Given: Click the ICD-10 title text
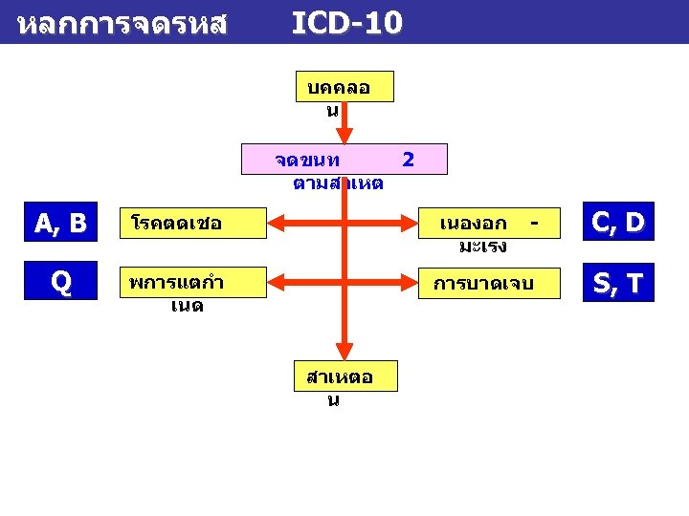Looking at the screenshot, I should click(346, 22).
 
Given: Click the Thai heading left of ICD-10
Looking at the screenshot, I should click(122, 24).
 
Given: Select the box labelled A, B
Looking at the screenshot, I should click(60, 224).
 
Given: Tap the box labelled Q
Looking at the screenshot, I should click(60, 283).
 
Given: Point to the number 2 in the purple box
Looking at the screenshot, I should click(409, 159).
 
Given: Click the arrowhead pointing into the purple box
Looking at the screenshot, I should click(344, 135).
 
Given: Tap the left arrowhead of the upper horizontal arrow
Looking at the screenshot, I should click(276, 225).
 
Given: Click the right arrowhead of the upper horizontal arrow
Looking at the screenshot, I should click(414, 225).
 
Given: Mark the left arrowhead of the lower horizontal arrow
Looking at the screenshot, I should click(276, 283).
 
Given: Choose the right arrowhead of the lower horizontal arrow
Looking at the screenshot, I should click(414, 283).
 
